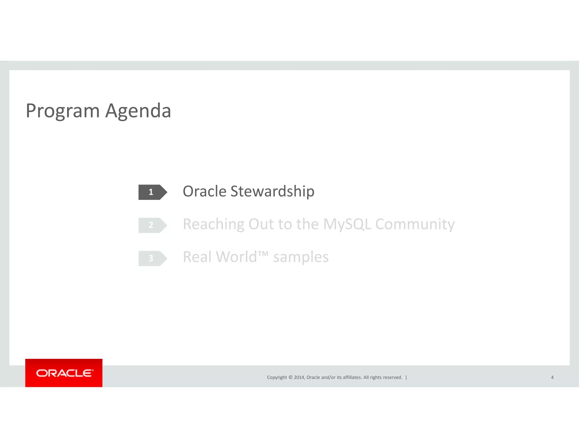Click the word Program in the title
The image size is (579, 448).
(62, 111)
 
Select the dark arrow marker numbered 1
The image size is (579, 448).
(152, 192)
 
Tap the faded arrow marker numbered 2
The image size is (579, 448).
(152, 225)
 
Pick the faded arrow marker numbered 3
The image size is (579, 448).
(152, 258)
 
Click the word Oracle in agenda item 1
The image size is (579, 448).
(204, 191)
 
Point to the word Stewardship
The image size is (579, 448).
(272, 191)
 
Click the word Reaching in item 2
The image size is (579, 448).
(213, 224)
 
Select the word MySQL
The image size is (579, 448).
(347, 224)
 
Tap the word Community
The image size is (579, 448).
(415, 224)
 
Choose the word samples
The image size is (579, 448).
(301, 257)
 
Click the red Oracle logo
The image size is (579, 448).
(64, 373)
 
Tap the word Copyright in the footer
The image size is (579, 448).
(277, 377)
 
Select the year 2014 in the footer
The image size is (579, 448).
(299, 377)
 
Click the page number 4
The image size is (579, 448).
(552, 377)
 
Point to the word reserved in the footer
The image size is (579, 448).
(392, 377)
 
